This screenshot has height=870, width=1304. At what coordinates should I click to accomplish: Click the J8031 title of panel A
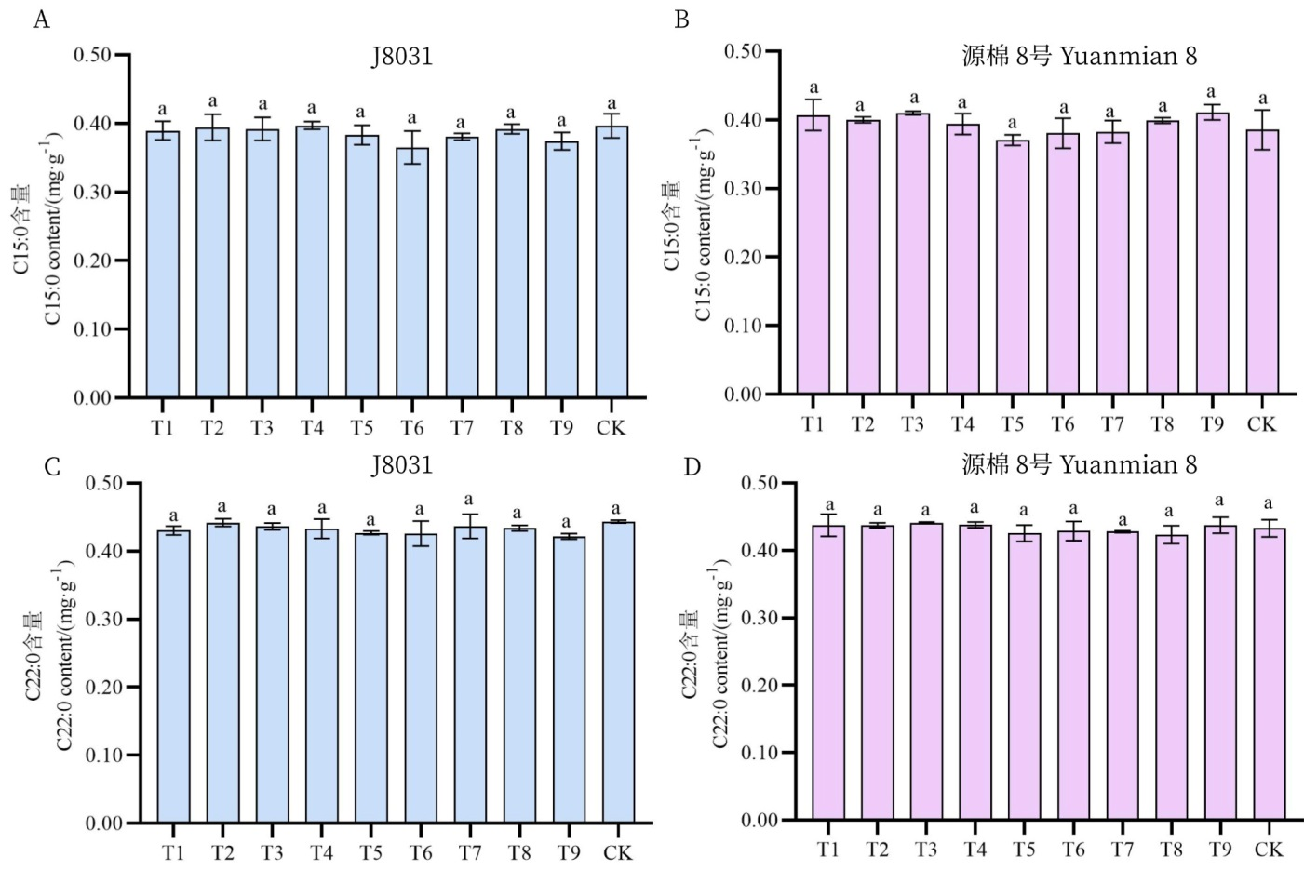tap(402, 57)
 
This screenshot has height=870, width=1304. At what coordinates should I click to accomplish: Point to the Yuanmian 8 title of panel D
tap(1079, 463)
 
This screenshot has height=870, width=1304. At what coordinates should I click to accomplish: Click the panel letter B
tap(681, 20)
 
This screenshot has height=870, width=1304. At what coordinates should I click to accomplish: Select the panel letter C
tap(52, 465)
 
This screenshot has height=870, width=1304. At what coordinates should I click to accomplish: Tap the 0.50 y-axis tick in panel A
tap(92, 55)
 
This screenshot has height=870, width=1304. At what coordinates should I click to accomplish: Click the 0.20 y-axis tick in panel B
tap(743, 258)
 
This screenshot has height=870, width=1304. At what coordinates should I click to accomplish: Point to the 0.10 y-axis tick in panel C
tap(104, 756)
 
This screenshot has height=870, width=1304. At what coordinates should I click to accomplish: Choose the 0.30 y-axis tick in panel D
tap(760, 618)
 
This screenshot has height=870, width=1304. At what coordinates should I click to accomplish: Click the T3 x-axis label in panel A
tap(262, 428)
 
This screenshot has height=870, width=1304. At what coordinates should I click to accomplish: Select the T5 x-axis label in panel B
tap(1012, 424)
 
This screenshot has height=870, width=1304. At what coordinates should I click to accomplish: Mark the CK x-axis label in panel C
tap(617, 852)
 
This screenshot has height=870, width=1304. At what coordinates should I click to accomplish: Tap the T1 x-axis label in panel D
tap(827, 849)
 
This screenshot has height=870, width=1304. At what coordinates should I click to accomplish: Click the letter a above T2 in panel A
tap(212, 101)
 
